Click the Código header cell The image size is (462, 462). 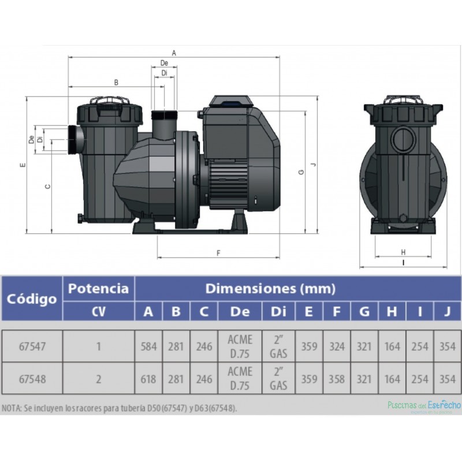32,299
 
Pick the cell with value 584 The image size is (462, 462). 148,346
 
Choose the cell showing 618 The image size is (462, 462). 148,379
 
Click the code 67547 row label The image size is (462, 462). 32,346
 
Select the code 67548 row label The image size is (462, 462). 32,379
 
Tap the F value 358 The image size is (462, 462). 337,379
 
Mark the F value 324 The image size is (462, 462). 337,346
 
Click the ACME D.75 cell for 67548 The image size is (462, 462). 240,379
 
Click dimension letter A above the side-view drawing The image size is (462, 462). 174,53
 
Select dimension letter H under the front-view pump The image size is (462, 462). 403,252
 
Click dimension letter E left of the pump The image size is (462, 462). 22,166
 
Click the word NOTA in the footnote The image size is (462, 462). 12,408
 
